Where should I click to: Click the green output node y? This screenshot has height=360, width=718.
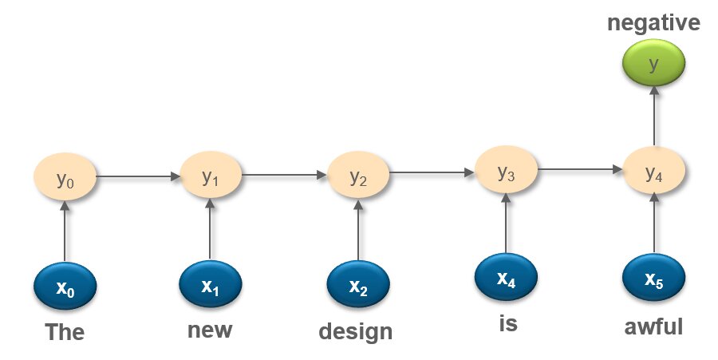click(x=653, y=65)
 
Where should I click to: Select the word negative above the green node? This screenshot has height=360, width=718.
click(x=653, y=23)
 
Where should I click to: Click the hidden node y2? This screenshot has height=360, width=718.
click(x=358, y=177)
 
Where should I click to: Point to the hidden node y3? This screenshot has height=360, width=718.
click(x=506, y=172)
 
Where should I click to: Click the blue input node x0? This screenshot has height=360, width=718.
click(x=65, y=286)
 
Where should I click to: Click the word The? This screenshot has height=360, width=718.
click(x=65, y=331)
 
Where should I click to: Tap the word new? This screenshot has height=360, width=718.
click(x=210, y=328)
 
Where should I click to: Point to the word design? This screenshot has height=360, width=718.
click(x=356, y=330)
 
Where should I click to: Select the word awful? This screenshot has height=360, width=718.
click(x=653, y=326)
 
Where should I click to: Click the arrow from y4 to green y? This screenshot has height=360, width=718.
click(x=653, y=117)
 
